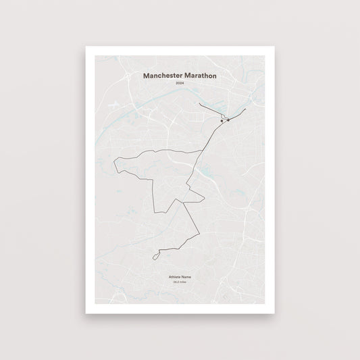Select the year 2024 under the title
point(180,83)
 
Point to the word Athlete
point(174,278)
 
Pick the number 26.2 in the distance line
point(176,283)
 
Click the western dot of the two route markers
point(221,121)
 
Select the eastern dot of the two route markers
point(228,120)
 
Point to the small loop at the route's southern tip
point(157,255)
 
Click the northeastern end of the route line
point(246,107)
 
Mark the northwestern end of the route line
point(200,105)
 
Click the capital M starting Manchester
point(147,76)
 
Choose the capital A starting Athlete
point(170,278)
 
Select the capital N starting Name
point(182,278)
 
